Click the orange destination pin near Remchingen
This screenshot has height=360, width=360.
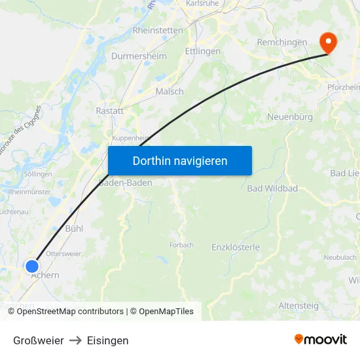coord(328,43)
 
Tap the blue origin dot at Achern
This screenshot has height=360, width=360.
coord(32,266)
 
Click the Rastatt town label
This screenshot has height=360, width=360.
coord(109,111)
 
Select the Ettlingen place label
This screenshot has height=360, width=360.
coord(202,51)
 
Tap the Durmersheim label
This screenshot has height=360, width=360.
coord(139,56)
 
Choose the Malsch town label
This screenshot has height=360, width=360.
coord(170,92)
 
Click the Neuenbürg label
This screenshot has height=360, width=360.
coord(289,117)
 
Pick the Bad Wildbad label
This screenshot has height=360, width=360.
coord(272,189)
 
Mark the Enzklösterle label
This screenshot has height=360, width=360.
coord(236,247)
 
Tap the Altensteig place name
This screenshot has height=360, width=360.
coord(298,305)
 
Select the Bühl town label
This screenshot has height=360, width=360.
coord(74,229)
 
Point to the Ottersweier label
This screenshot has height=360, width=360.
coord(63,253)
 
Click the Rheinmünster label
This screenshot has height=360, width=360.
coord(29,192)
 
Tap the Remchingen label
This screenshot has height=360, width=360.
coord(282,42)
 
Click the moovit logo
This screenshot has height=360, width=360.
coord(320,339)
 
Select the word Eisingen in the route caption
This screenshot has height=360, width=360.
coord(107,340)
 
